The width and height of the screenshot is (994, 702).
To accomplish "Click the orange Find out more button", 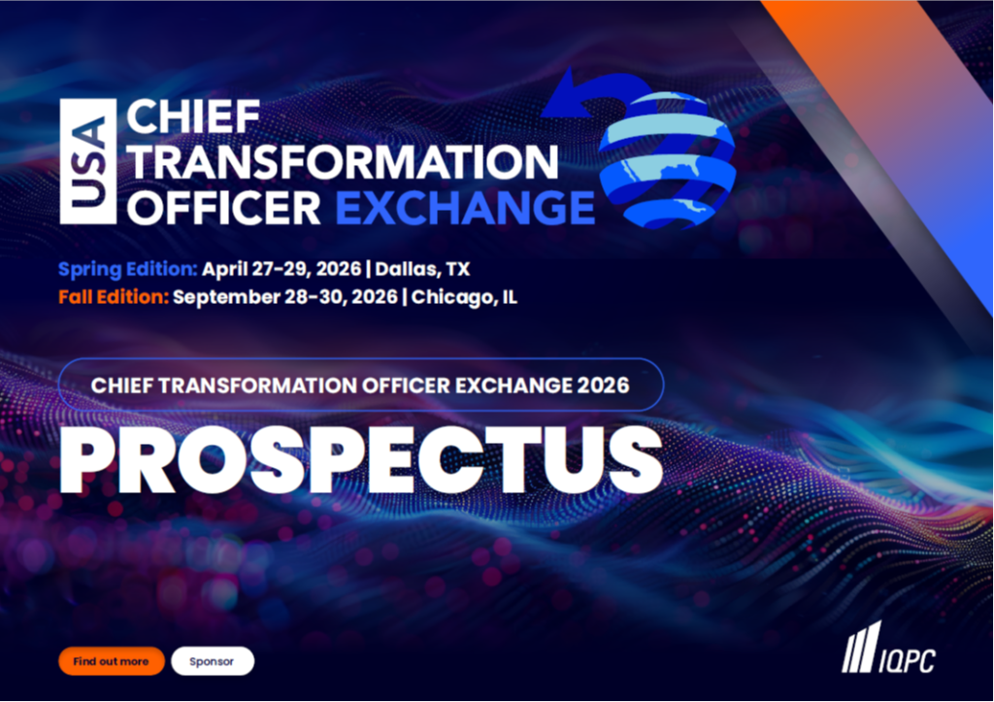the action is tap(112, 661).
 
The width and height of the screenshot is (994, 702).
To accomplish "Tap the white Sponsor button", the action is tap(213, 661).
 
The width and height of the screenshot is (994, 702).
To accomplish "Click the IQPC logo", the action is tap(889, 648).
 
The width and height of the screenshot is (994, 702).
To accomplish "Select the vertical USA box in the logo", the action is tap(88, 161).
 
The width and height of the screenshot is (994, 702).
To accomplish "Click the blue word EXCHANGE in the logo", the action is tap(465, 208).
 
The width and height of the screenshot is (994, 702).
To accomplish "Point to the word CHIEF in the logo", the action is tap(193, 117).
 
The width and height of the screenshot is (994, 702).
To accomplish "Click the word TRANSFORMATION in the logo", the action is tap(343, 162).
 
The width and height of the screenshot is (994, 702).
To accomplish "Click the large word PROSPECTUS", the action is tap(361, 459).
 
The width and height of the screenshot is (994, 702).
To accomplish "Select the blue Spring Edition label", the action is tap(128, 269).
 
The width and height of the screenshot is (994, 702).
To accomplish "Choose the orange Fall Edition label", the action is tap(114, 297).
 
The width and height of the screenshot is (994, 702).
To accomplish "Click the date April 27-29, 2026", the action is tap(282, 269).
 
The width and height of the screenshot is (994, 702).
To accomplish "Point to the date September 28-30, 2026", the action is tap(285, 297).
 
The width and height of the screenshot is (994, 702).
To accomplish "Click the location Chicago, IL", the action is tap(464, 297).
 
